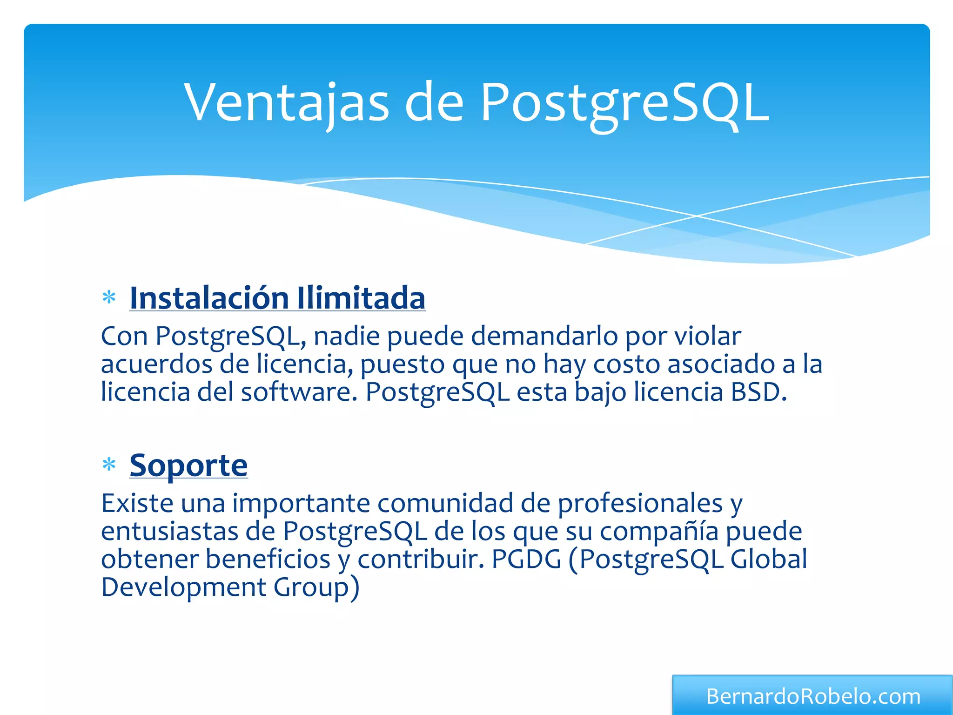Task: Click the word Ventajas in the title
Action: point(286,102)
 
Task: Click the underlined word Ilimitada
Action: point(361,298)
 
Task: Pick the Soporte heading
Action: point(188,465)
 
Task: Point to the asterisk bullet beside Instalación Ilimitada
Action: point(109,297)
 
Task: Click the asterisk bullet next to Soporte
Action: point(109,465)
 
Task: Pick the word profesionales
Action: point(640,503)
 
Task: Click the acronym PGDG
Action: point(526,559)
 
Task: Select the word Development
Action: point(183,587)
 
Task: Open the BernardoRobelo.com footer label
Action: point(813,696)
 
